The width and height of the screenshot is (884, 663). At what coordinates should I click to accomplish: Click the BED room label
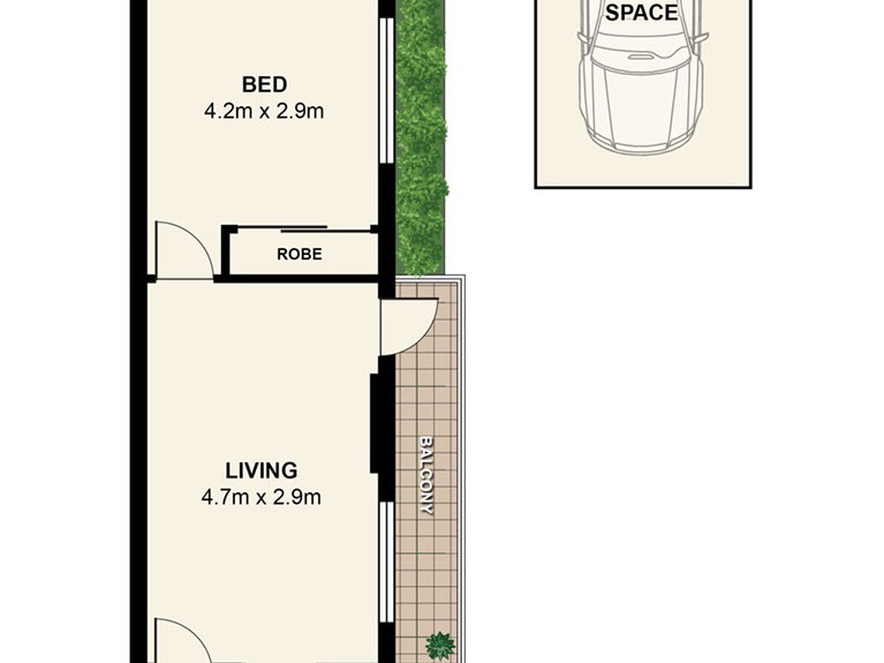pos(264,85)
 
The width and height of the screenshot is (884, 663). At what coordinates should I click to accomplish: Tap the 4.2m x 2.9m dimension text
pos(264,112)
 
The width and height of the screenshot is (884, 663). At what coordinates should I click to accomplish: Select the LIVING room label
pos(261,470)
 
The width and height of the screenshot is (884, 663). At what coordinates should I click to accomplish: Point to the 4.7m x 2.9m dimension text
pos(261,497)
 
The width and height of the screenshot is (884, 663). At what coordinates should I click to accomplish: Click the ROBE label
pos(299,254)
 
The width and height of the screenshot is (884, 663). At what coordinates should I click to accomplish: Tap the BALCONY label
pos(426,475)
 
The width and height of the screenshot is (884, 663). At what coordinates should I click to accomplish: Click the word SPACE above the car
pos(641,13)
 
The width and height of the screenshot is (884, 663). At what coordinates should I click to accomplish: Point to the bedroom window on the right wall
pos(386,91)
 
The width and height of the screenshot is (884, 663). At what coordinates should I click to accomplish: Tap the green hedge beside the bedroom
pos(421,137)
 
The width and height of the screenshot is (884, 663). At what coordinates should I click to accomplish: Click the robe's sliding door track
pos(305,228)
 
